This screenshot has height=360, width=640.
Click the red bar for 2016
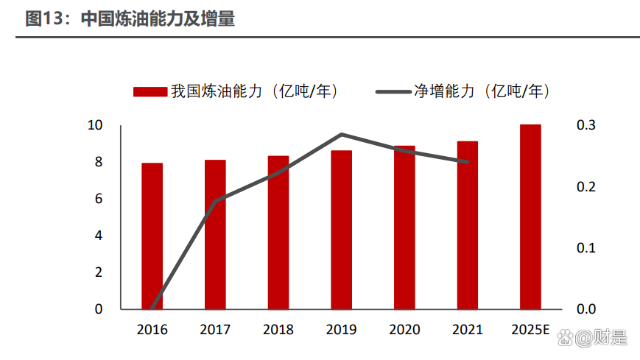click(x=152, y=236)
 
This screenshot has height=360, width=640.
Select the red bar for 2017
click(x=215, y=234)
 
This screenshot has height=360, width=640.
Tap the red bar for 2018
click(x=278, y=232)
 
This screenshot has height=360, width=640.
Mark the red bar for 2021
click(x=467, y=225)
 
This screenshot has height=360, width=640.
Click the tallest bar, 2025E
click(x=530, y=216)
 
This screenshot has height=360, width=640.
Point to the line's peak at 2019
click(x=341, y=134)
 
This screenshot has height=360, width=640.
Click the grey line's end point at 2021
click(x=467, y=162)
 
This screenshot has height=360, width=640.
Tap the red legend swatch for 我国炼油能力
click(x=149, y=92)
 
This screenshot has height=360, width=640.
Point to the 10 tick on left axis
click(x=95, y=125)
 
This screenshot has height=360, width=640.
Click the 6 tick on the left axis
click(x=99, y=199)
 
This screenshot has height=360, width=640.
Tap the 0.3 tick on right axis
click(x=586, y=125)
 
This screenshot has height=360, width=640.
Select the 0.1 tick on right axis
click(x=586, y=247)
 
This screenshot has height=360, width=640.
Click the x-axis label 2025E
click(x=530, y=330)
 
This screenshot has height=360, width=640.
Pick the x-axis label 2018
click(x=278, y=330)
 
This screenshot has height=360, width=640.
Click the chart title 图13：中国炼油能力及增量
click(x=130, y=19)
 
